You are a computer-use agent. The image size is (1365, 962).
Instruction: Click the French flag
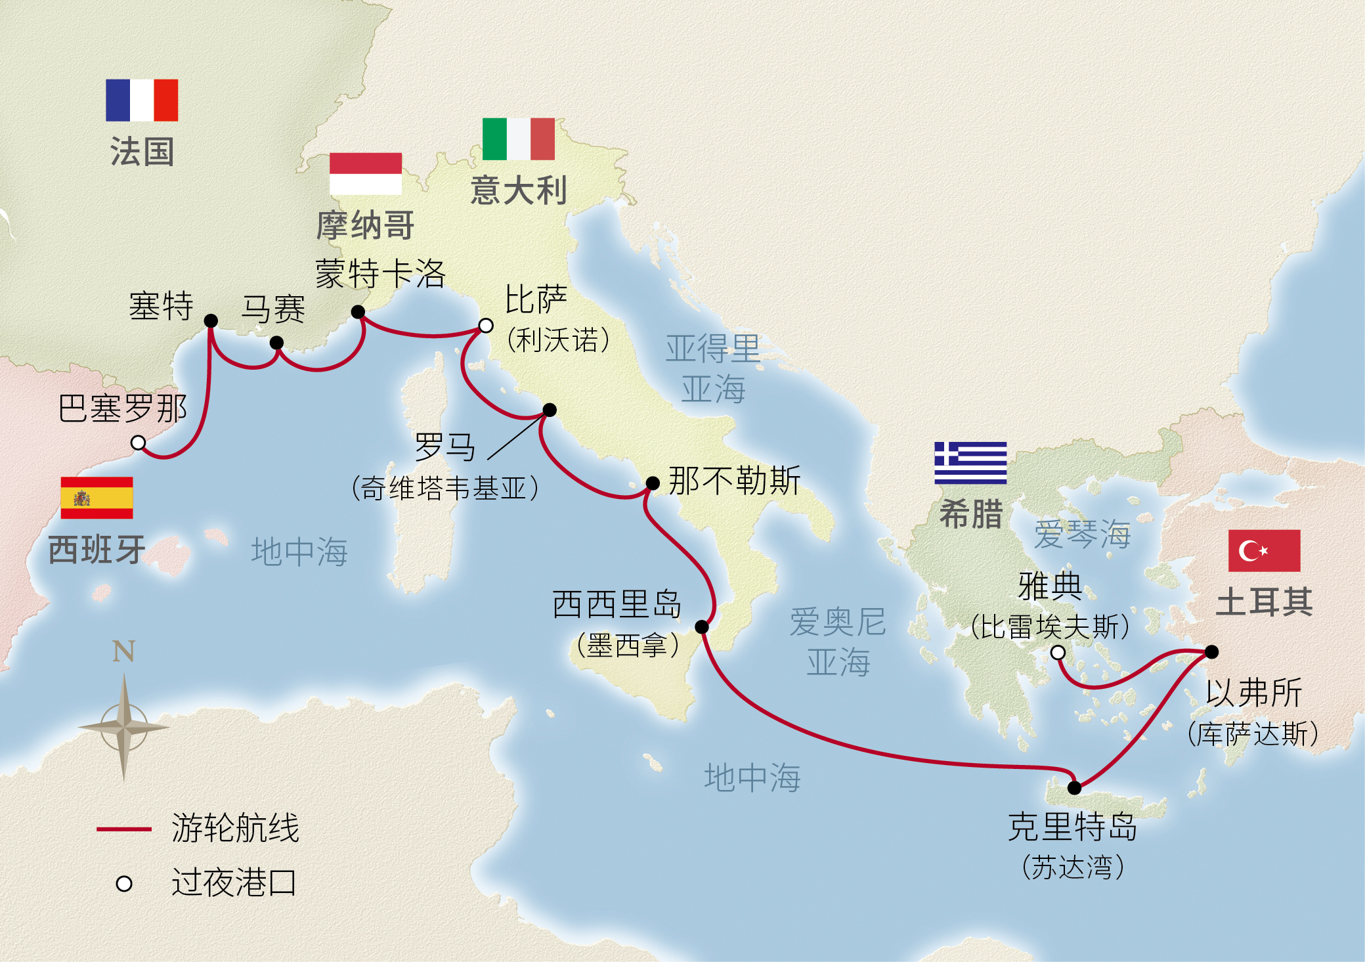click(x=142, y=100)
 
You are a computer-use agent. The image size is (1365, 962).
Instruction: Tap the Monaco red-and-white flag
click(x=365, y=173)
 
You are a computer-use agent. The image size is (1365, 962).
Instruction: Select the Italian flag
click(x=518, y=139)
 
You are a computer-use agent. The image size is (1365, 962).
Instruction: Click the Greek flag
click(x=970, y=463)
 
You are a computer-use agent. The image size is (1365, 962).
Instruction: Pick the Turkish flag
click(x=1264, y=550)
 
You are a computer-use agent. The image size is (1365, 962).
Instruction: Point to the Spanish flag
click(x=97, y=498)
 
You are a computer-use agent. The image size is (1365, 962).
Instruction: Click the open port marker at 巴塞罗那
click(x=138, y=443)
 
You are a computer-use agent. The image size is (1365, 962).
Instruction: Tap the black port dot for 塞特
click(x=211, y=320)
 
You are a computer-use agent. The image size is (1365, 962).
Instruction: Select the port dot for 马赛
click(x=277, y=343)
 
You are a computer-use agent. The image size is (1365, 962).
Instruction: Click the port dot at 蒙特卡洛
click(x=358, y=312)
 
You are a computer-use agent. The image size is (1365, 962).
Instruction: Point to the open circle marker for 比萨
click(x=485, y=325)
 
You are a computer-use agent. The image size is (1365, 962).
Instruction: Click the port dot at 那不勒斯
click(x=653, y=483)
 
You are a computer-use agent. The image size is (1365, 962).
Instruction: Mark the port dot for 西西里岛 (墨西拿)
click(x=702, y=626)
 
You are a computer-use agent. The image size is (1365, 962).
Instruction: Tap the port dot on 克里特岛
click(x=1074, y=787)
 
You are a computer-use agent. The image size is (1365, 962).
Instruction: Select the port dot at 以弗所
click(x=1212, y=652)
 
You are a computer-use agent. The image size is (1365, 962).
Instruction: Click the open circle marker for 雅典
click(x=1058, y=652)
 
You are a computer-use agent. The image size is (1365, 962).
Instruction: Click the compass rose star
click(x=123, y=727)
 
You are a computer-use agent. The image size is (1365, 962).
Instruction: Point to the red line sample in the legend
click(x=124, y=829)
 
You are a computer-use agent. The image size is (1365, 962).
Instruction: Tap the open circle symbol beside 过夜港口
click(x=124, y=884)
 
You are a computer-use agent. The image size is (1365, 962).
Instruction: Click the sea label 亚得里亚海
click(x=713, y=368)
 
